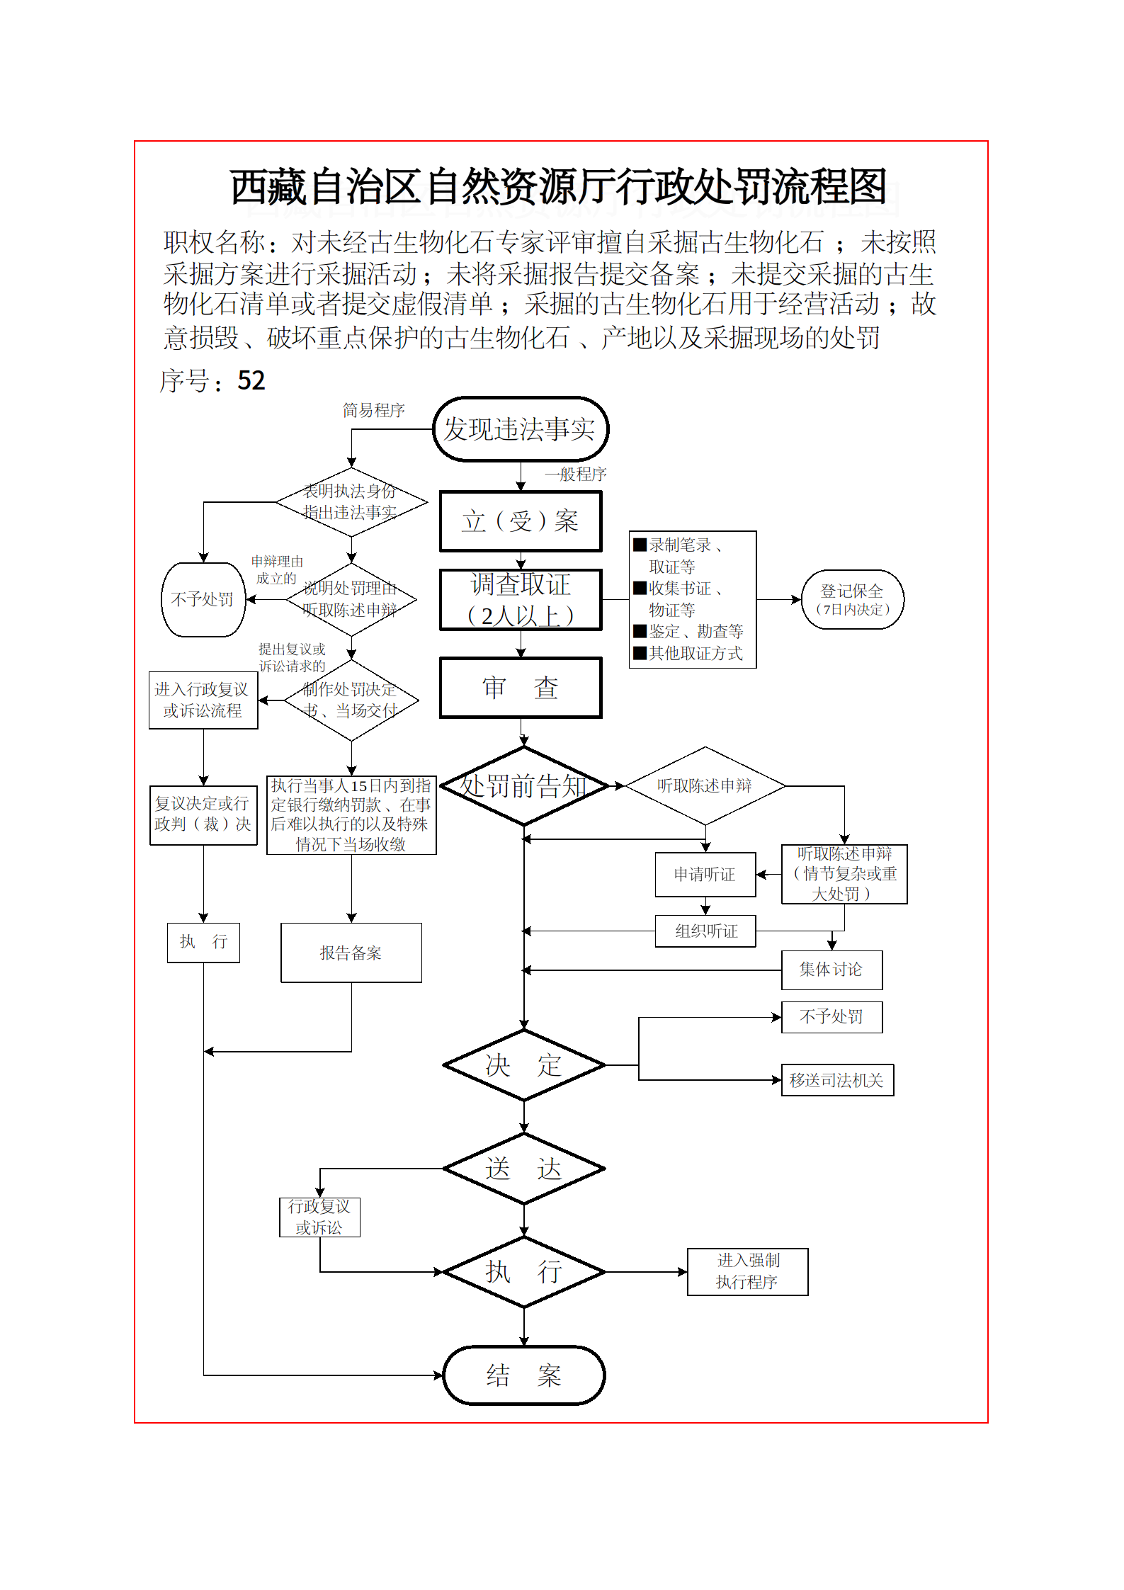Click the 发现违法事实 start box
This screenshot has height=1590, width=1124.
click(521, 429)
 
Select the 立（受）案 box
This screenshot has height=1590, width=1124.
click(521, 521)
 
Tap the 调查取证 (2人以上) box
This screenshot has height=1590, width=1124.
click(521, 600)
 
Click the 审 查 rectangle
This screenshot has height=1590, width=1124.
click(521, 688)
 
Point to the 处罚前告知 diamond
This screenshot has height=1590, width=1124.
click(524, 786)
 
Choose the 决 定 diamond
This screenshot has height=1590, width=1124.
click(524, 1064)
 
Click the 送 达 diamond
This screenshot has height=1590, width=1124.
click(524, 1169)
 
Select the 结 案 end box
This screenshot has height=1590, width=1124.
click(524, 1375)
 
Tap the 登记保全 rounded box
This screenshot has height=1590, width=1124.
click(852, 599)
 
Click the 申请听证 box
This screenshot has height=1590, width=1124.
click(705, 875)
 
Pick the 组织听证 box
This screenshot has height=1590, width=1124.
click(705, 931)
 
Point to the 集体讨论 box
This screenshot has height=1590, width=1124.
click(831, 970)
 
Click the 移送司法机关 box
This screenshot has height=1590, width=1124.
click(836, 1080)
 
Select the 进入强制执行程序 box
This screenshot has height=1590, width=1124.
click(747, 1271)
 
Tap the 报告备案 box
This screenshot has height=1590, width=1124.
click(351, 953)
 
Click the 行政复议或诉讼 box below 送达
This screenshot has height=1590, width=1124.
click(319, 1217)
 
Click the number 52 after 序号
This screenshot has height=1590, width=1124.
click(251, 381)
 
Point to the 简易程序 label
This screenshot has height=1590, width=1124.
click(373, 410)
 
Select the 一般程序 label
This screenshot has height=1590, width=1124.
click(575, 474)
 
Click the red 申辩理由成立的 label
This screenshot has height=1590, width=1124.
click(277, 569)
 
